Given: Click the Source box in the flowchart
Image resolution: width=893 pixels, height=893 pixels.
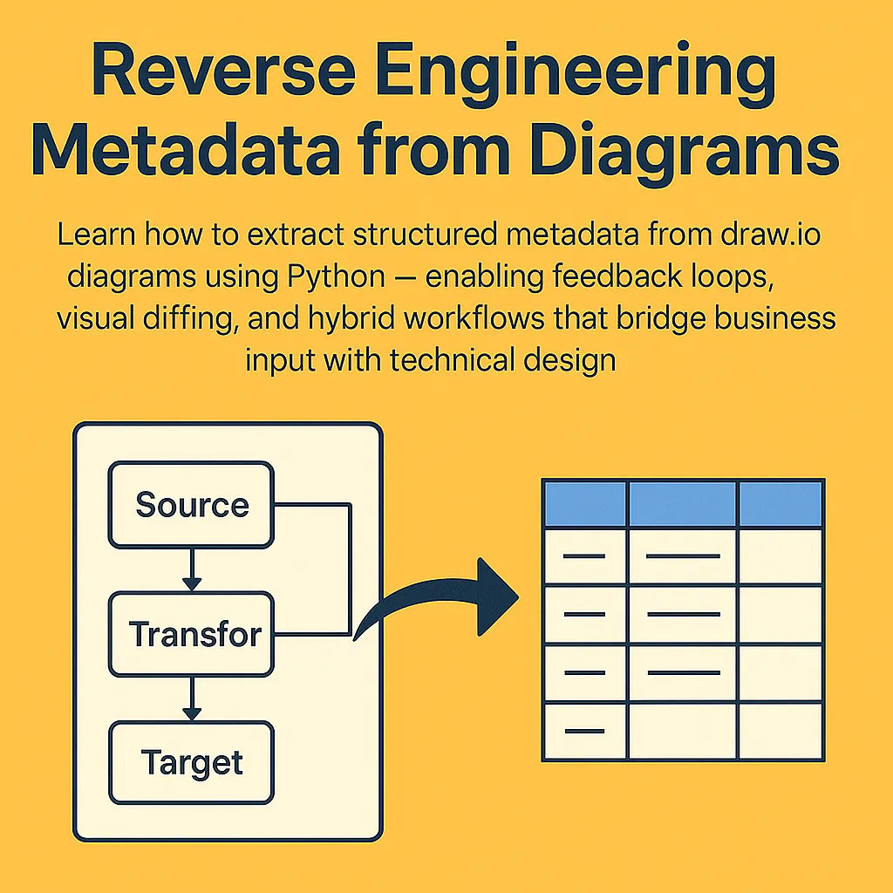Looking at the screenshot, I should pos(191,505).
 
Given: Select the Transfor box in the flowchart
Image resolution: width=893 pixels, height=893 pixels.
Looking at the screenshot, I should pos(191,634).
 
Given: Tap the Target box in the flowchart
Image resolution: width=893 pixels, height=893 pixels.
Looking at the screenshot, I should pos(191,763).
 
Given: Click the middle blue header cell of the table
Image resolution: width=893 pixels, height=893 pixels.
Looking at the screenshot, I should pos(683,503).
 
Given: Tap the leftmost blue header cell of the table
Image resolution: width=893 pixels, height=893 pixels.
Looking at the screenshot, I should pos(585,503).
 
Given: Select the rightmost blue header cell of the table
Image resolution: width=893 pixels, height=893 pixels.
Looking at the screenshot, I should pos(781,503).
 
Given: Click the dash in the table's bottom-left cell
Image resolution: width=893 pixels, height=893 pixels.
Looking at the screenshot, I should pos(584,730).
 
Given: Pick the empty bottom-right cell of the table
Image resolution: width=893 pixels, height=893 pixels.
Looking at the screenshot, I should pos(781,730).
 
